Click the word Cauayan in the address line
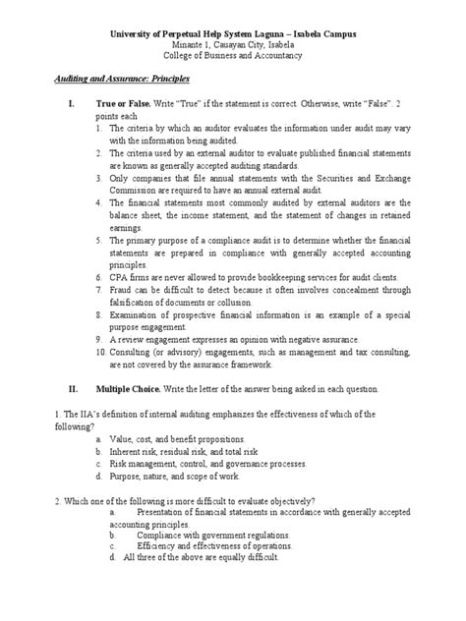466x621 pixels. [227, 46]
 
